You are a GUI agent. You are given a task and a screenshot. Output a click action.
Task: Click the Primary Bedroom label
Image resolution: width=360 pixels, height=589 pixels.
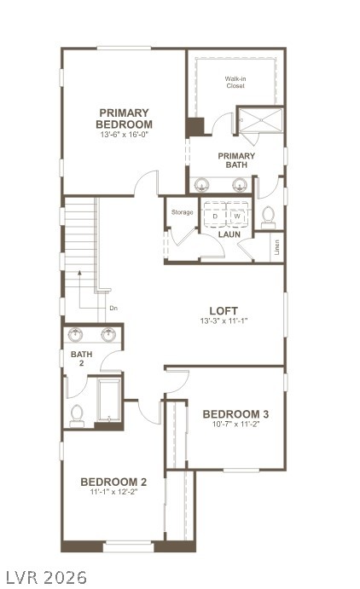(x=125, y=118)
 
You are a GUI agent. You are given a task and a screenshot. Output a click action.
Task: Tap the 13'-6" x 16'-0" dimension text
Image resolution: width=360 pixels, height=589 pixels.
(x=125, y=135)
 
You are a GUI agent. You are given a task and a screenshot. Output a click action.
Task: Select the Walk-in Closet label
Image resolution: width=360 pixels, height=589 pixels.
(x=236, y=83)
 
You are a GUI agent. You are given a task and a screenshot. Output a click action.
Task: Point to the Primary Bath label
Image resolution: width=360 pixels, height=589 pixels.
(x=236, y=160)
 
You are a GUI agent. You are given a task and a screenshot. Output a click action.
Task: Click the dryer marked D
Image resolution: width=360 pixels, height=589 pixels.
(x=215, y=217)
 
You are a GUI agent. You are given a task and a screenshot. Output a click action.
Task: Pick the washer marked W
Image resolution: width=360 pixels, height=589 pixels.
(x=236, y=217)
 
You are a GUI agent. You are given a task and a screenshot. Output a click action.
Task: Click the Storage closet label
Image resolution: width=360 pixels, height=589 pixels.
(x=182, y=212)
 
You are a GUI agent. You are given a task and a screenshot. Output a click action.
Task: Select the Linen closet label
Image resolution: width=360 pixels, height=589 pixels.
(x=277, y=248)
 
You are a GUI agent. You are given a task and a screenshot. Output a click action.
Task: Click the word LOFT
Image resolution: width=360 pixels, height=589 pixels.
(x=224, y=310)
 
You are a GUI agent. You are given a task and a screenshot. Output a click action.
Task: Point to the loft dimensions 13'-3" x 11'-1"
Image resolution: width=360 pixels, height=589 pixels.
(x=224, y=321)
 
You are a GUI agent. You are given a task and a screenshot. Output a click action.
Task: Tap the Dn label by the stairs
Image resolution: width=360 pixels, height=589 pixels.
(x=113, y=308)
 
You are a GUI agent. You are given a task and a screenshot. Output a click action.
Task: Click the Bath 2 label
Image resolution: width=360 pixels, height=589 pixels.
(x=82, y=359)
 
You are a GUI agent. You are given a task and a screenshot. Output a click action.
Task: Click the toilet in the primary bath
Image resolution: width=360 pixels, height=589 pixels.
(x=268, y=215)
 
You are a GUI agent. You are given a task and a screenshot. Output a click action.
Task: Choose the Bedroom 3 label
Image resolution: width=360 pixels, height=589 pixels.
(x=236, y=415)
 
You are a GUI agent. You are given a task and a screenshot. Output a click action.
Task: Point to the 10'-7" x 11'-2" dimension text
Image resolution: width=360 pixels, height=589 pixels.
(x=236, y=426)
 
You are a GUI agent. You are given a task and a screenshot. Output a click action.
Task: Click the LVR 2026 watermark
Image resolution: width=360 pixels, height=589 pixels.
(x=45, y=577)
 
